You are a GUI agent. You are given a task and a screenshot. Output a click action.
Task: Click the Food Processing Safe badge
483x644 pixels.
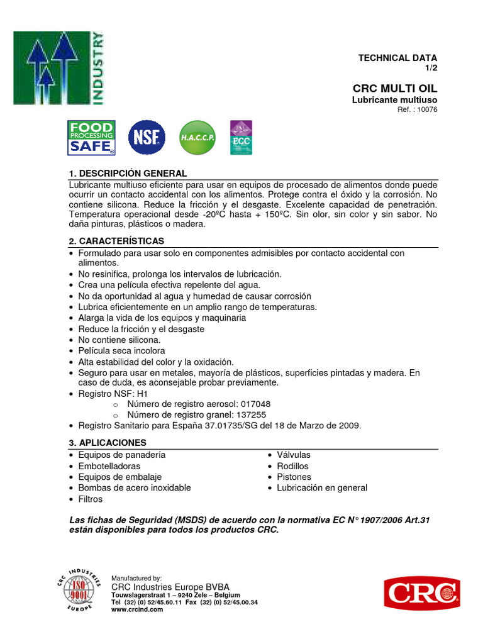91,138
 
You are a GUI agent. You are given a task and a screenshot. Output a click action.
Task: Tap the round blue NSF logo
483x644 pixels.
147,138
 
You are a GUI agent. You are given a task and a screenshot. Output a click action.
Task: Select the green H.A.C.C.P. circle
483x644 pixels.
197,138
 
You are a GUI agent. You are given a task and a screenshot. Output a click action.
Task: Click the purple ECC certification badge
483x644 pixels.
241,138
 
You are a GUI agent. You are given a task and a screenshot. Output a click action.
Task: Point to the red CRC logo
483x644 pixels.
422,594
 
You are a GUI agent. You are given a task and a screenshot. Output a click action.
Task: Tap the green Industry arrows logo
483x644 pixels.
60,67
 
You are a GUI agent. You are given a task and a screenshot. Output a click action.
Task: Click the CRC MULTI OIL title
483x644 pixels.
395,88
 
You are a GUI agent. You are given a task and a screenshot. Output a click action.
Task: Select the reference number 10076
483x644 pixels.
426,109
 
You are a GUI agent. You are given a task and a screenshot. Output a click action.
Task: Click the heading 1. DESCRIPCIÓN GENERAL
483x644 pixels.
128,173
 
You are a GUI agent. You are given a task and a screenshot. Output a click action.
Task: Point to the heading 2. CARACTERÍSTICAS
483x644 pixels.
116,241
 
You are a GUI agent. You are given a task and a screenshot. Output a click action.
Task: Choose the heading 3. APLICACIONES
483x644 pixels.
108,443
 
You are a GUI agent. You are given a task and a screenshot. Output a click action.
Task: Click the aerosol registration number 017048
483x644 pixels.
252,404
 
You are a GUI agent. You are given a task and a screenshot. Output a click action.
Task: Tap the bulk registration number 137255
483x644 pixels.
247,415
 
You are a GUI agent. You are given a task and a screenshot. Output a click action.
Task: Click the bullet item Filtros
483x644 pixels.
90,499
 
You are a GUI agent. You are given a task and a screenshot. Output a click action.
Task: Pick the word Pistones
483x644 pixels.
294,477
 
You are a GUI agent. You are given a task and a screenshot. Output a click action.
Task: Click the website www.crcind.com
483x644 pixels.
137,609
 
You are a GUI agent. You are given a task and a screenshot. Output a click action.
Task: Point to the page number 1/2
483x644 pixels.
431,67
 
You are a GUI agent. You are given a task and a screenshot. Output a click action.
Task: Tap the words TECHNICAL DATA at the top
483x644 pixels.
397,58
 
